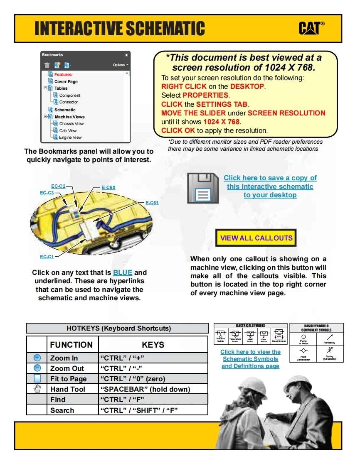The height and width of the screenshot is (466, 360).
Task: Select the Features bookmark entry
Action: pyautogui.click(x=63, y=74)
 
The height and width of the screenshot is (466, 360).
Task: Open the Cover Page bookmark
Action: pyautogui.click(x=66, y=81)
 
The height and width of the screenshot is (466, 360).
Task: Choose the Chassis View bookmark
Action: pyautogui.click(x=71, y=123)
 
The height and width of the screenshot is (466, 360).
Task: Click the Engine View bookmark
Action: pyautogui.click(x=70, y=137)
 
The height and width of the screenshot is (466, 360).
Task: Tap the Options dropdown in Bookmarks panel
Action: pyautogui.click(x=120, y=65)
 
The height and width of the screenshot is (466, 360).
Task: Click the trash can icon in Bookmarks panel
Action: pyautogui.click(x=47, y=65)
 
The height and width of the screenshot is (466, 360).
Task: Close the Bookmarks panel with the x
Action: pyautogui.click(x=126, y=55)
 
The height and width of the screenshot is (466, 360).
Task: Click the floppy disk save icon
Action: pyautogui.click(x=202, y=187)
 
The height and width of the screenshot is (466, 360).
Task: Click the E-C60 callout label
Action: pyautogui.click(x=108, y=187)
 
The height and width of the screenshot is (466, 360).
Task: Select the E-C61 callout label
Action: pyautogui.click(x=152, y=203)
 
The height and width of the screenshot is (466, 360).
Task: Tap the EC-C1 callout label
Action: pyautogui.click(x=47, y=257)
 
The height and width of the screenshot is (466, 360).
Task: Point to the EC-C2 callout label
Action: pyautogui.click(x=58, y=186)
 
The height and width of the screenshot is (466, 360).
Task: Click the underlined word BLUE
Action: pyautogui.click(x=123, y=273)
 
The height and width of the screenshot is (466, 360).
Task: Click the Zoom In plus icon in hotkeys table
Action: pyautogui.click(x=37, y=358)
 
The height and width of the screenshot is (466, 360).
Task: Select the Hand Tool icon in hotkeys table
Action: pyautogui.click(x=37, y=389)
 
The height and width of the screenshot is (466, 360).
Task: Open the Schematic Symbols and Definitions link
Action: pyautogui.click(x=250, y=359)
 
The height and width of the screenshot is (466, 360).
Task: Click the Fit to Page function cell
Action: pyautogui.click(x=68, y=378)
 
